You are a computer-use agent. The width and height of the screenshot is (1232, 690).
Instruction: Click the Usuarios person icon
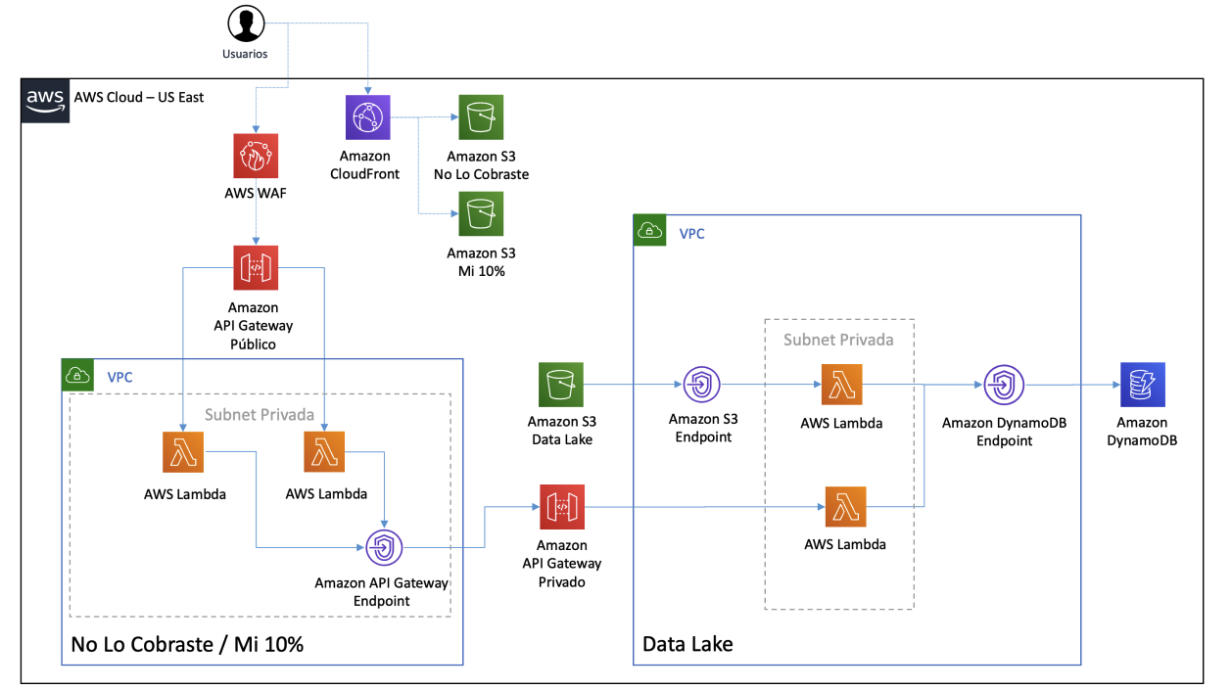[x=246, y=23]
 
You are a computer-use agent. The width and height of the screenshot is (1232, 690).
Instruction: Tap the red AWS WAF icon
[x=256, y=156]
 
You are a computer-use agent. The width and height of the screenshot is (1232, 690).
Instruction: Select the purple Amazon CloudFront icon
[x=368, y=117]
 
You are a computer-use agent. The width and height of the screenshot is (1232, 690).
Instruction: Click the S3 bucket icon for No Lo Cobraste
[x=481, y=117]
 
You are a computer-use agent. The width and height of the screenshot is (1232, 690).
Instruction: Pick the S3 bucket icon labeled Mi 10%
[x=481, y=214]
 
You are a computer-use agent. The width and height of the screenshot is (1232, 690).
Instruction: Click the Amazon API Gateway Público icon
[x=256, y=268]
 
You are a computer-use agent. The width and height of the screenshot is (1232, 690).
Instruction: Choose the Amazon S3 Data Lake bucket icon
[x=561, y=385]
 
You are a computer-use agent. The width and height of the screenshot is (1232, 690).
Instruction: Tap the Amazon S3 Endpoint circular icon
[x=702, y=385]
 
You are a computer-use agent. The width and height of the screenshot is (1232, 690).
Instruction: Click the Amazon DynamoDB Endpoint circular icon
[x=1004, y=385]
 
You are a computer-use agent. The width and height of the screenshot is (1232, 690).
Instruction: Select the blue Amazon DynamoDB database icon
[x=1143, y=385]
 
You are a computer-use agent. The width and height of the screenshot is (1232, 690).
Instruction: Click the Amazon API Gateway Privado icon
[x=562, y=507]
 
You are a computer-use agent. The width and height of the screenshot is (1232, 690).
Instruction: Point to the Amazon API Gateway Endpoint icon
[x=385, y=548]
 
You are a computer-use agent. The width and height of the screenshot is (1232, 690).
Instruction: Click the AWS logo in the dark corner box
[x=45, y=101]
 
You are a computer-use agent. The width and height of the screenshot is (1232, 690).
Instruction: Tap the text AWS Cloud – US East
[x=139, y=97]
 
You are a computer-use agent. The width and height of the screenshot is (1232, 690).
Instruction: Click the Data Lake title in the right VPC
[x=687, y=644]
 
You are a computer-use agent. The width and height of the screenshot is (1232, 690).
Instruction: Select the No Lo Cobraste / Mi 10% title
[x=187, y=644]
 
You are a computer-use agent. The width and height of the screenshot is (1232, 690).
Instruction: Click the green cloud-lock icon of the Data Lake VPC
[x=649, y=230]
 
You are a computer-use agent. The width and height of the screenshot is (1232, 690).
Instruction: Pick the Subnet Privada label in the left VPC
[x=260, y=415]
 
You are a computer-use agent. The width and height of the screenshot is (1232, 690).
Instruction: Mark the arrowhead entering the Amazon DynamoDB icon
[x=1116, y=385]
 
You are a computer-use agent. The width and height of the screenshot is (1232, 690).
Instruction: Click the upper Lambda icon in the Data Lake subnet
[x=841, y=385]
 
